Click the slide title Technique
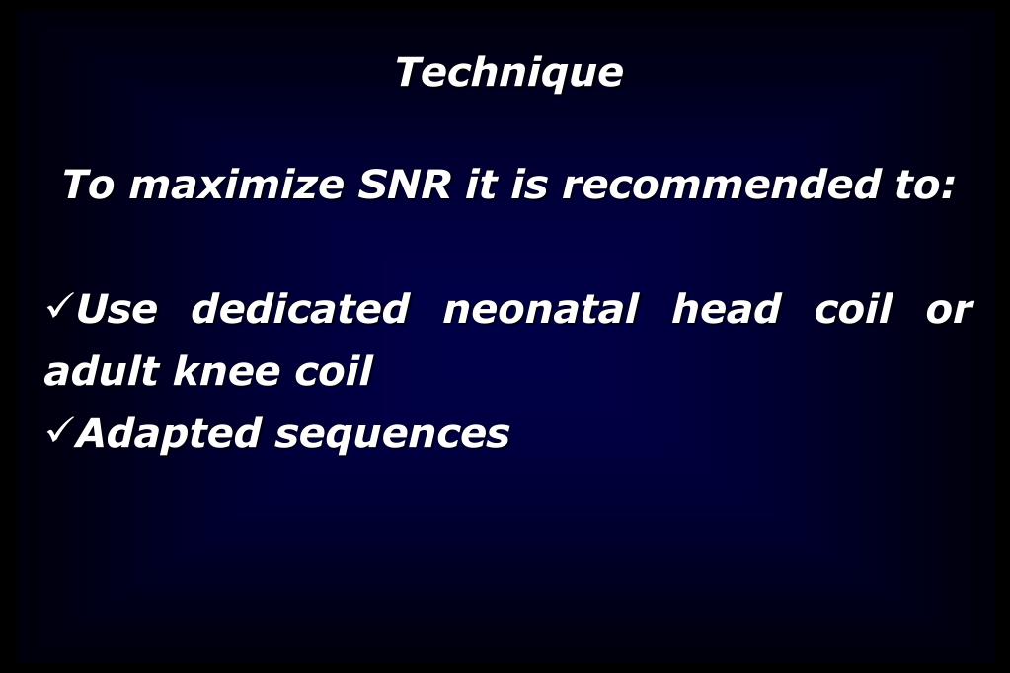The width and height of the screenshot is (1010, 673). [508, 72]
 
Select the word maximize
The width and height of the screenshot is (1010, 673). [236, 185]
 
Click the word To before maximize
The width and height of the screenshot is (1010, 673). [88, 185]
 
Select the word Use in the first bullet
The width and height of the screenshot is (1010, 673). [117, 309]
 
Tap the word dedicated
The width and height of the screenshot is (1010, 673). [299, 309]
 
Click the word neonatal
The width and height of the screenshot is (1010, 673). [540, 309]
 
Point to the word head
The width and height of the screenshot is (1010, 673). [726, 309]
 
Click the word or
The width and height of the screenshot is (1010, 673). [949, 311]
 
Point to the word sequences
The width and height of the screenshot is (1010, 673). [392, 434]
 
